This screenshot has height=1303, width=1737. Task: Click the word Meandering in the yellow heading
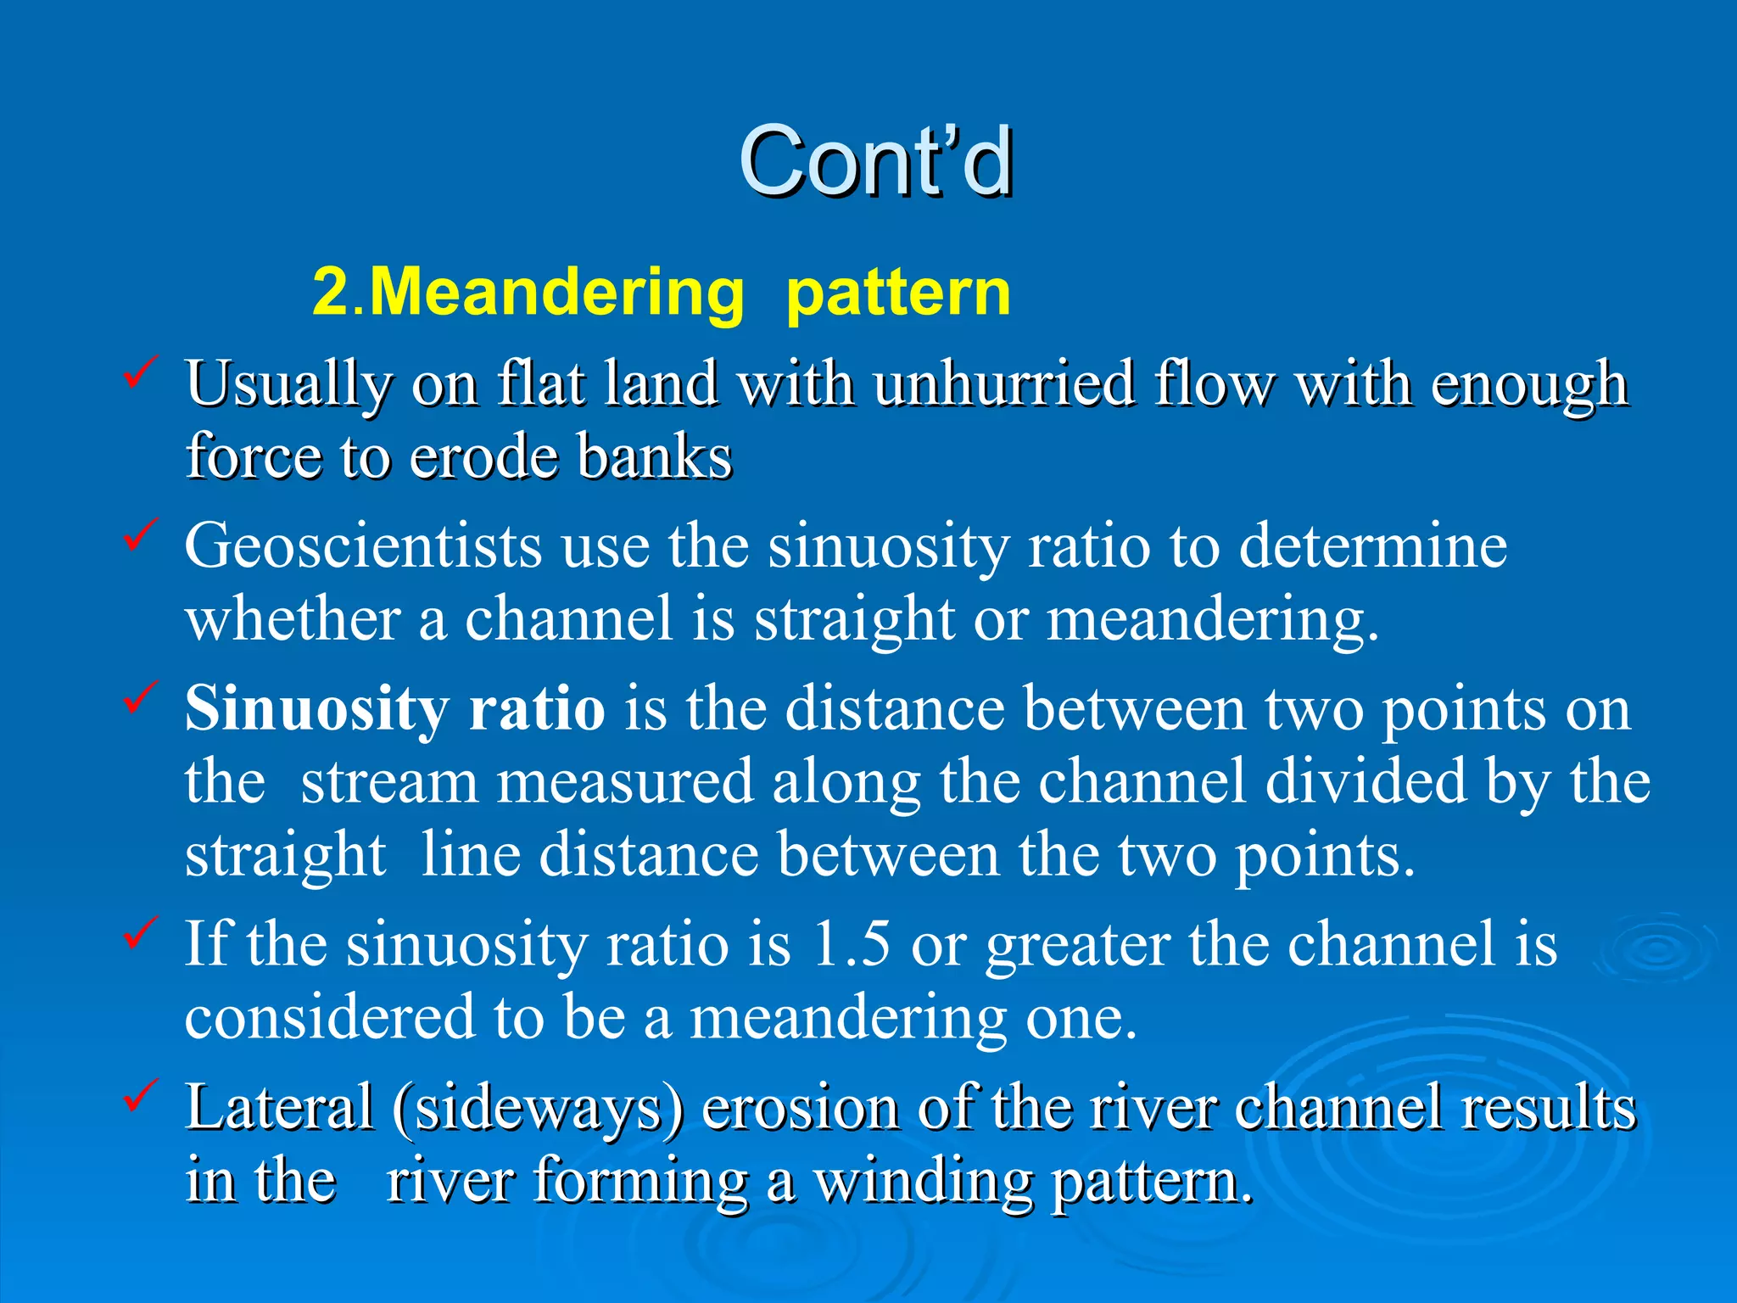(x=557, y=293)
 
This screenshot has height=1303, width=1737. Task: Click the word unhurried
(x=1004, y=384)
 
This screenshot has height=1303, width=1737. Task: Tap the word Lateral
(x=280, y=1107)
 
